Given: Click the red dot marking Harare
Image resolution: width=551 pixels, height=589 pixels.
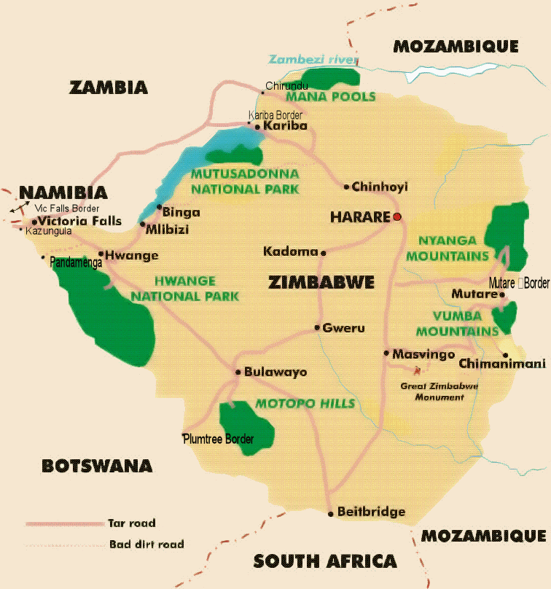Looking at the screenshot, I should (397, 217).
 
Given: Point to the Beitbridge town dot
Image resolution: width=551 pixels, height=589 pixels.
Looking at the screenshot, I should (331, 513).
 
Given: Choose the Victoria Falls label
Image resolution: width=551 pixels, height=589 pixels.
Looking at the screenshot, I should (80, 221).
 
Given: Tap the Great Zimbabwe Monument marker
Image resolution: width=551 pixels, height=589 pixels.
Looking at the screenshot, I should (417, 370).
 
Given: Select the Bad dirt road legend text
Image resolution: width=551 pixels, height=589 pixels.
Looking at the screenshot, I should (146, 544).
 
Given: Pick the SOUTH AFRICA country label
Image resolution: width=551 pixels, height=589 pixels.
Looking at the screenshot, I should (325, 561).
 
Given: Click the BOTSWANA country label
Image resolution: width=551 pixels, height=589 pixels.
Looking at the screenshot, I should (97, 466).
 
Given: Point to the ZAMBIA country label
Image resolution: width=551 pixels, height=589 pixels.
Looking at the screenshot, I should (109, 87).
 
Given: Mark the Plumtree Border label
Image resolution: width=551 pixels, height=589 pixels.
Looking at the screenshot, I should (219, 440).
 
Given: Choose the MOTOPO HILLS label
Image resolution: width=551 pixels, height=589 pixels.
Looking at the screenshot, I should (305, 404).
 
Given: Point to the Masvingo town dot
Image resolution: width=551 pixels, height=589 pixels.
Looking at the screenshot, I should (386, 354).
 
